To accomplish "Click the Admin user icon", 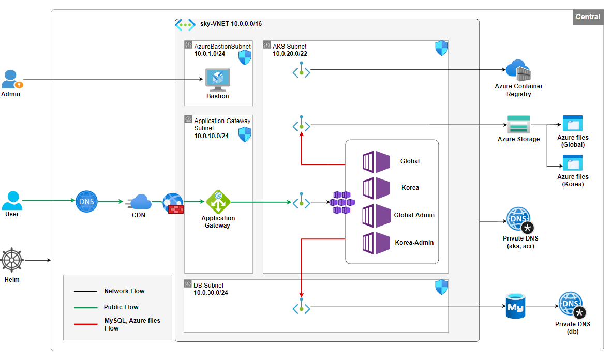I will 11,79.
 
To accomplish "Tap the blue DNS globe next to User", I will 86,201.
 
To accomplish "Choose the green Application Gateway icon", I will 218,201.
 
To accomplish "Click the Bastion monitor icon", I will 217,80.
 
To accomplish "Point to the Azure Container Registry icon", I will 518,70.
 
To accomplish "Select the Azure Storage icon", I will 518,124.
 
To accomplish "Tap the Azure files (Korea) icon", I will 573,163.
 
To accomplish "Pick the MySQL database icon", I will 515,306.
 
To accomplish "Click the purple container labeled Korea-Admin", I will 376,243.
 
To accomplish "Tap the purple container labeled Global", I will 376,161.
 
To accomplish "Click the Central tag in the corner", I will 588,17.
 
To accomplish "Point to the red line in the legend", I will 85,324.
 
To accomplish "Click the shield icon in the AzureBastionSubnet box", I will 245,58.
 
